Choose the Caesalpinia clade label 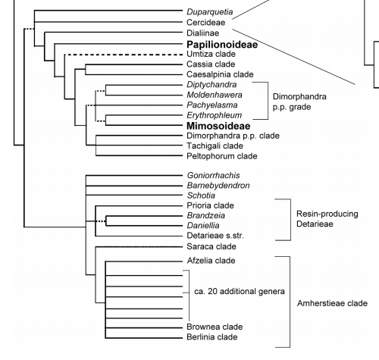[x=219, y=76]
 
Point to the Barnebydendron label [x=218, y=185]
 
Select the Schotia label [x=199, y=195]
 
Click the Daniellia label [x=203, y=225]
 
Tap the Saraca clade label [x=210, y=247]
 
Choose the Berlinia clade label [x=211, y=337]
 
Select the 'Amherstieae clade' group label [x=332, y=303]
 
